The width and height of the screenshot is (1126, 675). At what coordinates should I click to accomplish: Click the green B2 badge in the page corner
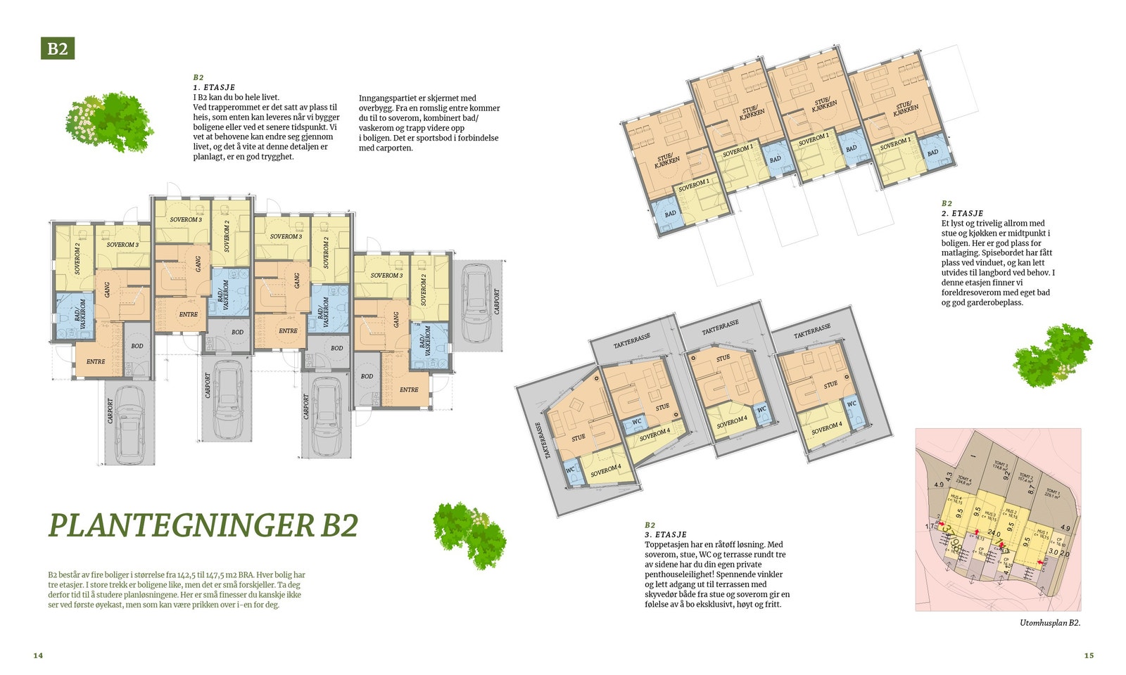tap(58, 49)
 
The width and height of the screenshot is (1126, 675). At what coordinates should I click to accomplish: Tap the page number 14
tap(38, 655)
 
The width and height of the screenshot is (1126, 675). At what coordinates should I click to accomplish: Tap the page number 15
tap(1089, 655)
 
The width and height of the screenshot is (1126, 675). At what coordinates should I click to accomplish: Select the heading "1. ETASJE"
tap(214, 87)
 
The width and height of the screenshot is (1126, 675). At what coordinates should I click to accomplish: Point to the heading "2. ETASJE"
tap(962, 213)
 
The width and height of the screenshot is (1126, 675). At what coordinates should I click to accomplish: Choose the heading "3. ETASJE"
tap(665, 534)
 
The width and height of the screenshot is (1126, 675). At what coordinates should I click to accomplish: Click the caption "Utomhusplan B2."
tap(1049, 623)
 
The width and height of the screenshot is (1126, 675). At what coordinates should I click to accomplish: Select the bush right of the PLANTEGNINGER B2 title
tap(469, 534)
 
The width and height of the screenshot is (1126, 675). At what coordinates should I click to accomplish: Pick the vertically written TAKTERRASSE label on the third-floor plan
tap(538, 440)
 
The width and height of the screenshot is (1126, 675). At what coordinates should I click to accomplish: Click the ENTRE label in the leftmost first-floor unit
tap(96, 361)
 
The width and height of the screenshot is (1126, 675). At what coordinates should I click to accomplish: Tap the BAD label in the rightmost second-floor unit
tap(932, 152)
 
